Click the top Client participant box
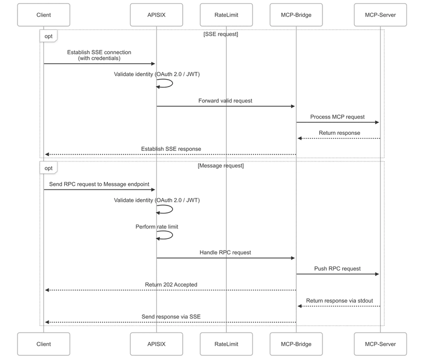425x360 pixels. (x=44, y=15)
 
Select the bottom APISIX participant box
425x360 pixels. (x=156, y=344)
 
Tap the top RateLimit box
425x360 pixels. (x=226, y=15)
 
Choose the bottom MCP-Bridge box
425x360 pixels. (x=296, y=344)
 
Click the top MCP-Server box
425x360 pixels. (x=380, y=15)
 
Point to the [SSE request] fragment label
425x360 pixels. (x=220, y=34)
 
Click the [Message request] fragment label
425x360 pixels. (x=220, y=166)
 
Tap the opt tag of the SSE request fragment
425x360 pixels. (x=48, y=36)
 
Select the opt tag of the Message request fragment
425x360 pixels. (x=48, y=168)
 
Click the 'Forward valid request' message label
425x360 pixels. (x=225, y=101)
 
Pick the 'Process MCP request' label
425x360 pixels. (x=337, y=117)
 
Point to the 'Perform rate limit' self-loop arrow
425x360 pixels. (x=172, y=235)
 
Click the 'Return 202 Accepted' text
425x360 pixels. (x=171, y=285)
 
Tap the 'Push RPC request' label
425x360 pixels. (x=337, y=269)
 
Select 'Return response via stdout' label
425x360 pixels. (x=339, y=301)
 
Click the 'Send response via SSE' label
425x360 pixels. (x=171, y=316)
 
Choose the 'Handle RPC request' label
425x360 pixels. (x=225, y=252)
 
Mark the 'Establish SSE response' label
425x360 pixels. (x=171, y=149)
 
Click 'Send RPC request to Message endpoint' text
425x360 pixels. (x=99, y=184)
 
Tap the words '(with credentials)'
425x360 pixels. (x=99, y=58)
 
